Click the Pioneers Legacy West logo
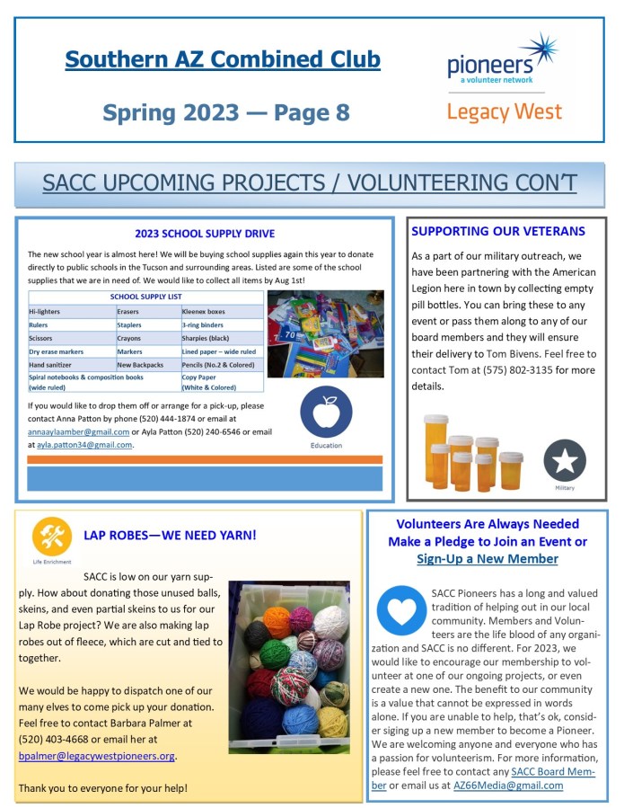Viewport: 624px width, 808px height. [x=504, y=79]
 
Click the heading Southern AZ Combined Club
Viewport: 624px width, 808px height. [x=223, y=60]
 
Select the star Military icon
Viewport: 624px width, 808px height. [x=565, y=460]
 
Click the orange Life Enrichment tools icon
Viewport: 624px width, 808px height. [x=51, y=537]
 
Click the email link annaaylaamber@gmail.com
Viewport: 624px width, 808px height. [x=78, y=431]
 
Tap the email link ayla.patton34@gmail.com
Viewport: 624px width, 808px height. [x=80, y=444]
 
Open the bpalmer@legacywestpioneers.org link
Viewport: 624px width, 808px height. [x=96, y=756]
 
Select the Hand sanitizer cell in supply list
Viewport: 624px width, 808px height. [x=58, y=366]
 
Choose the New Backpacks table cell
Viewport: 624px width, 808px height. [x=142, y=366]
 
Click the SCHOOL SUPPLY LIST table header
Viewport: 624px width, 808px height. [x=145, y=296]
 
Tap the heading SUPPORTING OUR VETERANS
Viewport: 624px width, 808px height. [x=498, y=231]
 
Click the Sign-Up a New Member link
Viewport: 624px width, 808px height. [x=487, y=559]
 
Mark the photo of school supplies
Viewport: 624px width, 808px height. [x=326, y=333]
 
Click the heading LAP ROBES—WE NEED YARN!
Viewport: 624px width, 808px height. [x=170, y=536]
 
